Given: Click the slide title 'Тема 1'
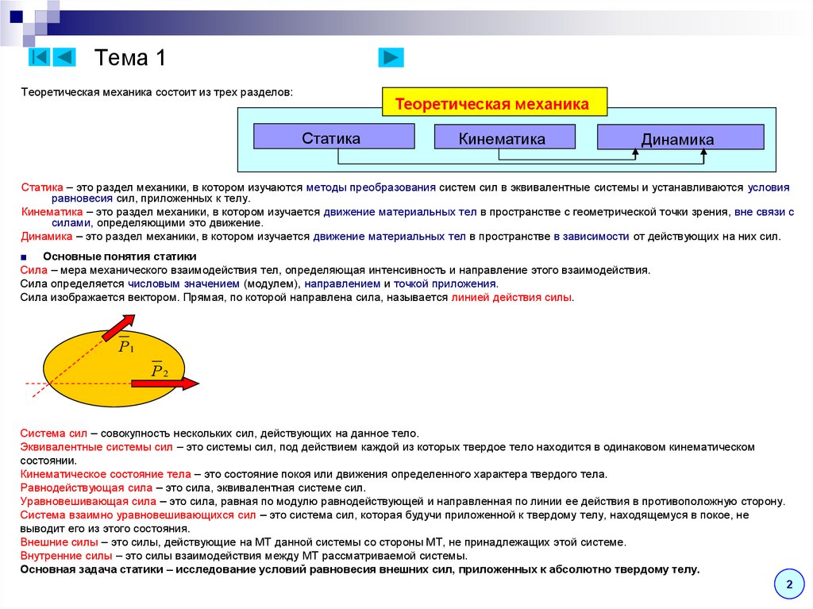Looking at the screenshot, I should pyautogui.click(x=130, y=58).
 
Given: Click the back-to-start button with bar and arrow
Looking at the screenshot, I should pyautogui.click(x=40, y=57).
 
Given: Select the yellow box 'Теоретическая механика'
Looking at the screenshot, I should pyautogui.click(x=492, y=104).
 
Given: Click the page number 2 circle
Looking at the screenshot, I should pyautogui.click(x=789, y=584).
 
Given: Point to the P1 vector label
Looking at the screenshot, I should pyautogui.click(x=126, y=345).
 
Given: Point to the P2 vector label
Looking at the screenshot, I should pyautogui.click(x=159, y=370).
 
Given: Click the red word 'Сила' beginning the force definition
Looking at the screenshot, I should pyautogui.click(x=33, y=270).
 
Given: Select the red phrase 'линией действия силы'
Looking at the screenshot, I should pyautogui.click(x=511, y=298).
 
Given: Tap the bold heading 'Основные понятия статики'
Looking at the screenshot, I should pyautogui.click(x=120, y=256).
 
